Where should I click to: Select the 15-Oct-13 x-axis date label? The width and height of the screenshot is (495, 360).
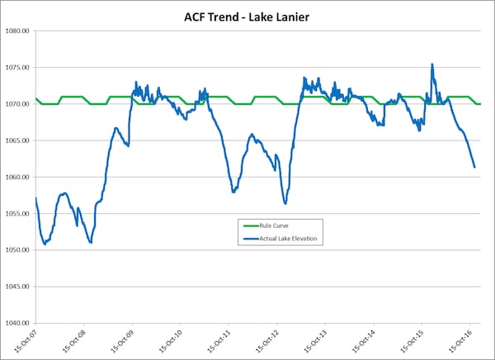(316, 340)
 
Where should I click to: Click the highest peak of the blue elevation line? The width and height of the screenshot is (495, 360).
(431, 64)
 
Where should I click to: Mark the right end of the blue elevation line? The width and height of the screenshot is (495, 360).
(474, 168)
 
